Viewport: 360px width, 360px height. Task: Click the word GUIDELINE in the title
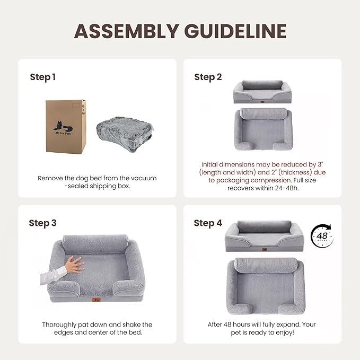(x=238, y=31)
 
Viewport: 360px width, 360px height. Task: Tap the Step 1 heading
(x=42, y=77)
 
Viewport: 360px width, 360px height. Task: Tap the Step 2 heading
(x=208, y=77)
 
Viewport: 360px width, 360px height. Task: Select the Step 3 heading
(x=42, y=223)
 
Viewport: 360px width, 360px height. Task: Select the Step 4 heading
(x=208, y=223)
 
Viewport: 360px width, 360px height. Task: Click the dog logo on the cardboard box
(x=63, y=126)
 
